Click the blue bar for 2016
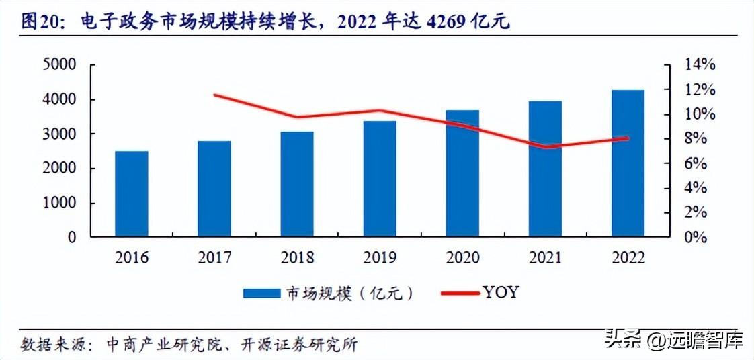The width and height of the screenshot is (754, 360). tap(131, 194)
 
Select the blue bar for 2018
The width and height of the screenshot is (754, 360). tap(297, 184)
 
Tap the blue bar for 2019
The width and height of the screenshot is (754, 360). tap(380, 179)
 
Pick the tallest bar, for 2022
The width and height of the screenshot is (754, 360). tap(628, 163)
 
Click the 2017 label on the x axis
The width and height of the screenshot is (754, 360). tap(214, 257)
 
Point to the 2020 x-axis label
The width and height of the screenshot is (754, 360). tap(462, 257)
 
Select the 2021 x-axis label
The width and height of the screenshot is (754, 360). tap(545, 257)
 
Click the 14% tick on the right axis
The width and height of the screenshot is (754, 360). tap(700, 65)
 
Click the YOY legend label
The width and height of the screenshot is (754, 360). tap(501, 293)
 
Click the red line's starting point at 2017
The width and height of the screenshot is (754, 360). tap(214, 95)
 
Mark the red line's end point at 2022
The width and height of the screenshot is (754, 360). tap(627, 138)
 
